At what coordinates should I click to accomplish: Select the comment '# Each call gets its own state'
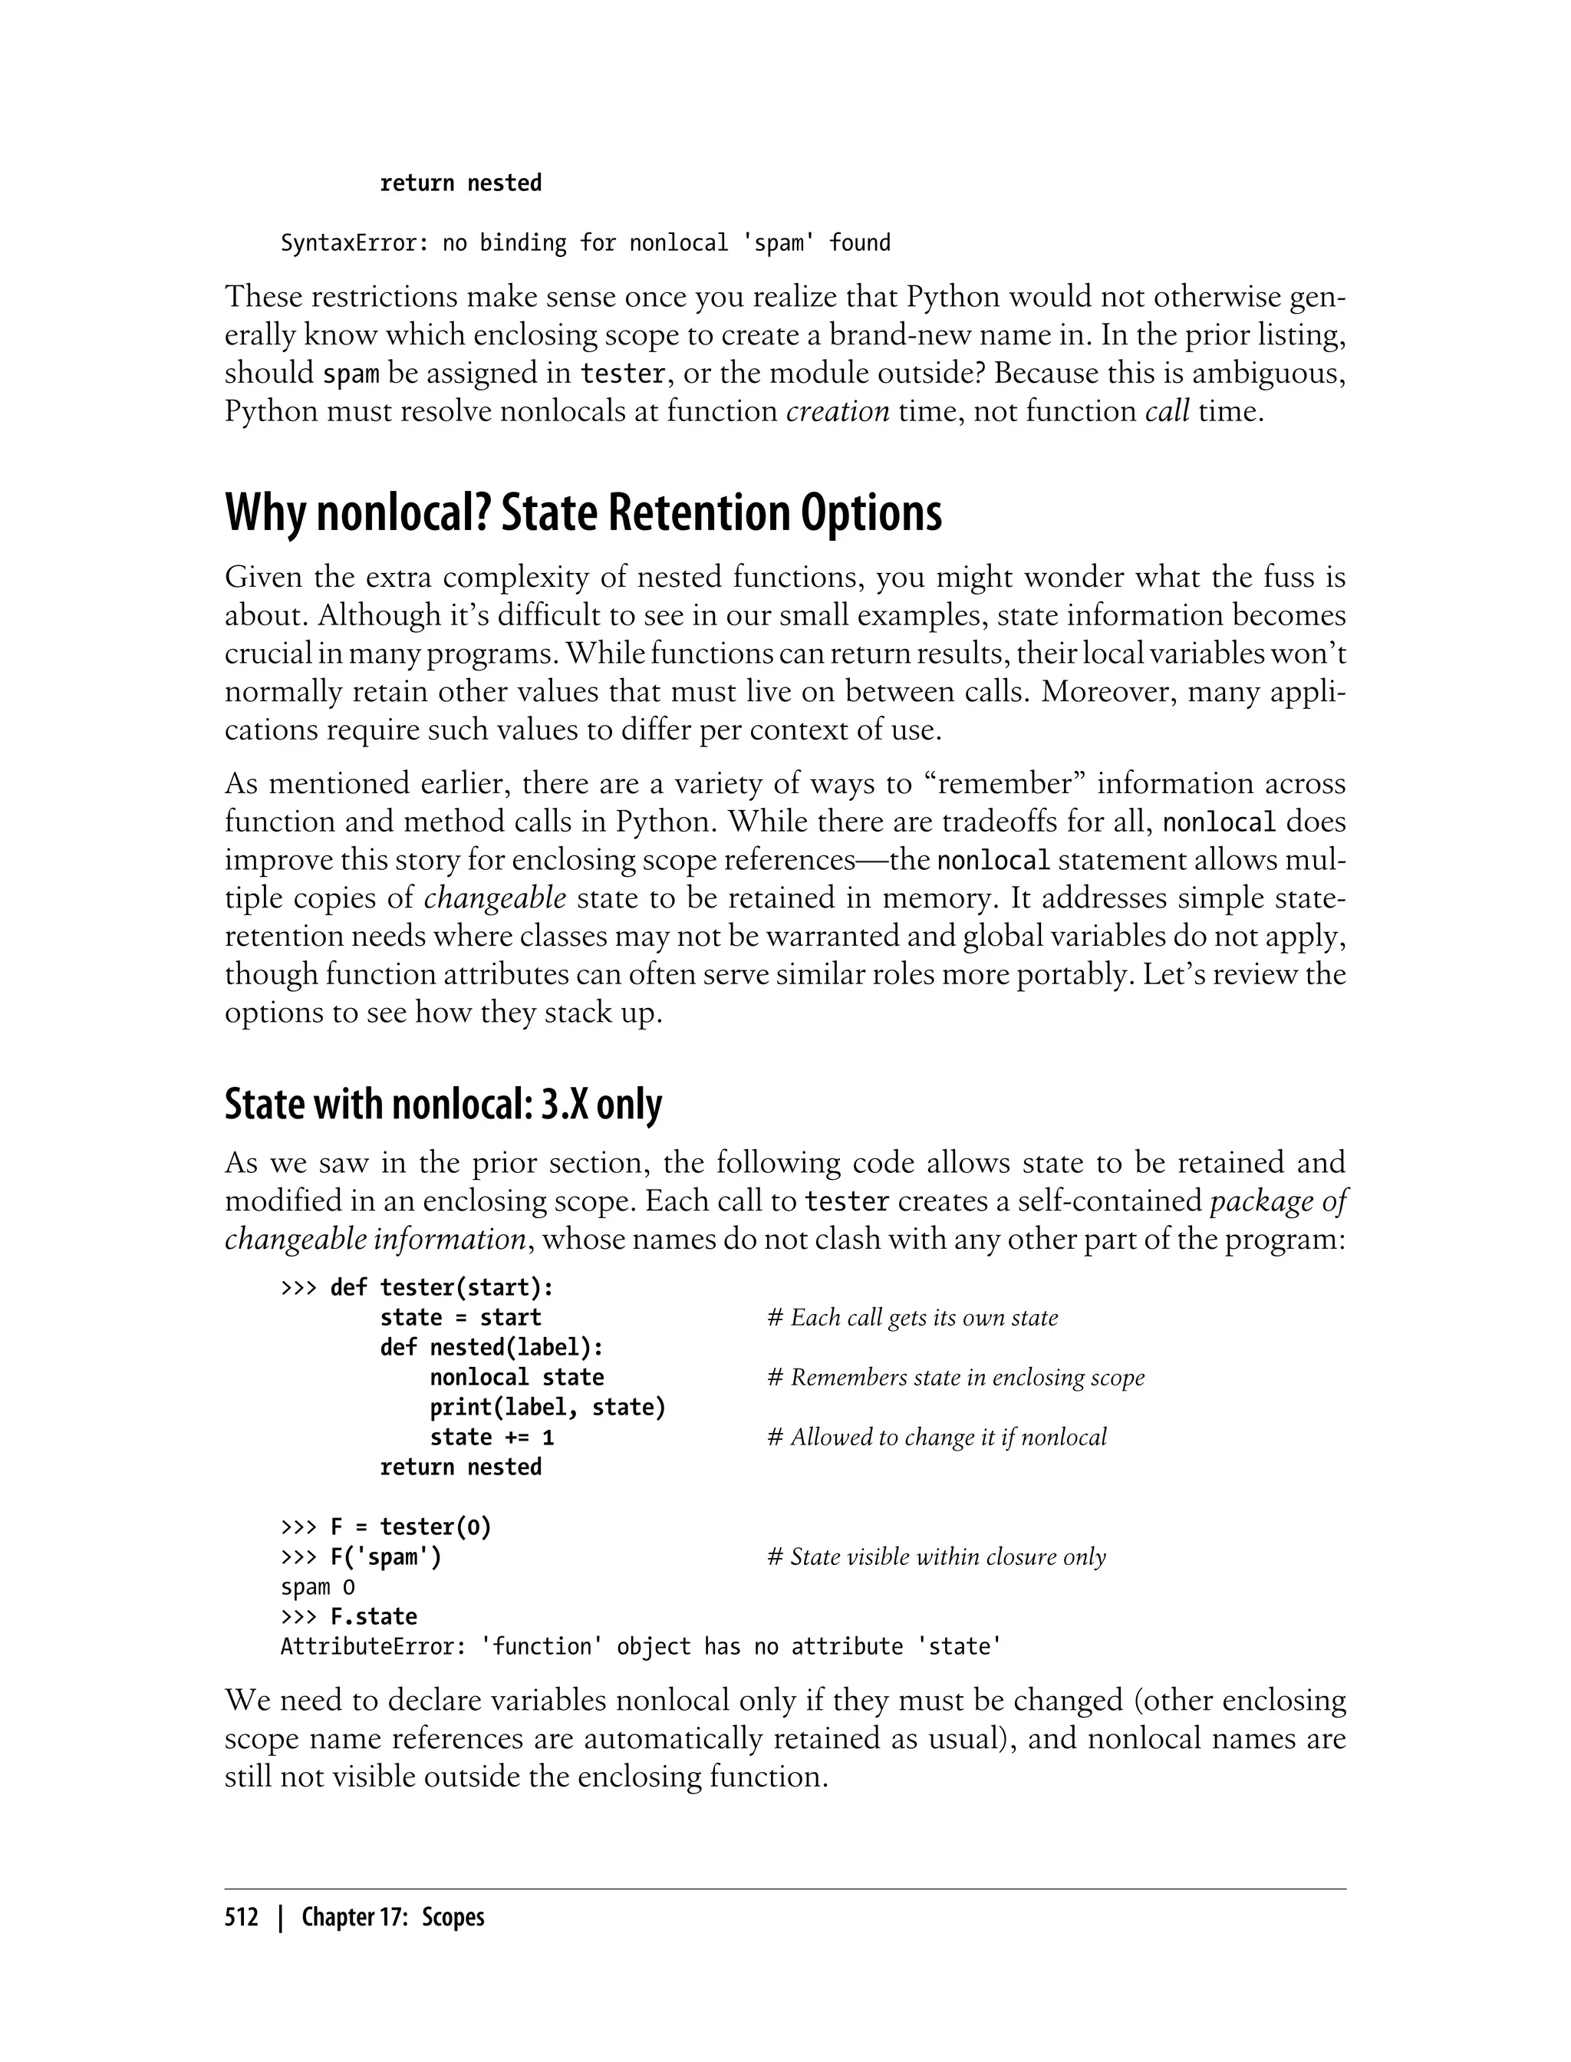(912, 1318)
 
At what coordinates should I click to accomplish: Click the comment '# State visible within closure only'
(936, 1557)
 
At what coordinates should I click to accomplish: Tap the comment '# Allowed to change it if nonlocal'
(936, 1438)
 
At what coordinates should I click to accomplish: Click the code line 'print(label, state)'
(547, 1408)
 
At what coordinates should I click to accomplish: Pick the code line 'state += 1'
(492, 1438)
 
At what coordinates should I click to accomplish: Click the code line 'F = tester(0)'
(410, 1527)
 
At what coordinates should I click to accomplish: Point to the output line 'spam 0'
(318, 1587)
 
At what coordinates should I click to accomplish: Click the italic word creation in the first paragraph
(837, 411)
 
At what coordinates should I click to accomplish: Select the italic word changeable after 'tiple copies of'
(495, 898)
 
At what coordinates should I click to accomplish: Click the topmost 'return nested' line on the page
(460, 183)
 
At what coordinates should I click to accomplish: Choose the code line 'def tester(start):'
(441, 1288)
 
